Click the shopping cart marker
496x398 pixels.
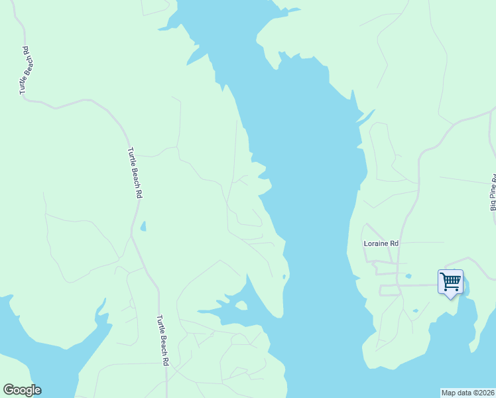(x=450, y=282)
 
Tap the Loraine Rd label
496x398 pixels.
(x=381, y=243)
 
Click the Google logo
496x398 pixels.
(x=22, y=390)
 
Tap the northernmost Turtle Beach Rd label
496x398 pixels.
(x=25, y=69)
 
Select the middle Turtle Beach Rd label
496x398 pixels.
(x=135, y=172)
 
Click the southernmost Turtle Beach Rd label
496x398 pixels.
(x=163, y=340)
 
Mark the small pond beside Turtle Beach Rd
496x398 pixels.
(x=143, y=227)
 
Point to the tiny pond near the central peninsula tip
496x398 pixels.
(x=284, y=277)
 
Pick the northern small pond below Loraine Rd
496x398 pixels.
(x=408, y=276)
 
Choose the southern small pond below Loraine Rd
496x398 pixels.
(x=415, y=310)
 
